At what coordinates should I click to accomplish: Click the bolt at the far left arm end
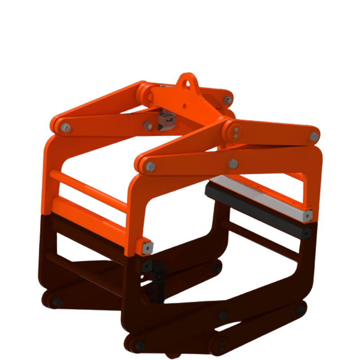(66, 128)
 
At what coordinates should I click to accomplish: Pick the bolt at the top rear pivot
(228, 100)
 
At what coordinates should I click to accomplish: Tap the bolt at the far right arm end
(314, 136)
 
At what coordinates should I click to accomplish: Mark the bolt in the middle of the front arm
(233, 163)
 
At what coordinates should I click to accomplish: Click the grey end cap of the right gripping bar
(307, 216)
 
